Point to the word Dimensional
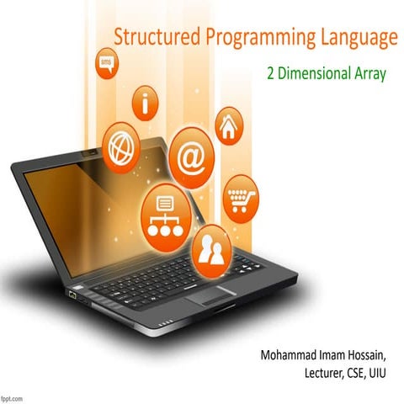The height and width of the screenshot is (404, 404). click(311, 73)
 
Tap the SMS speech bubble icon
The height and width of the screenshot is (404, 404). click(107, 65)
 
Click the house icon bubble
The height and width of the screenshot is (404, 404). click(227, 127)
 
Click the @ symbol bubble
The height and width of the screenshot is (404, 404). click(191, 157)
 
